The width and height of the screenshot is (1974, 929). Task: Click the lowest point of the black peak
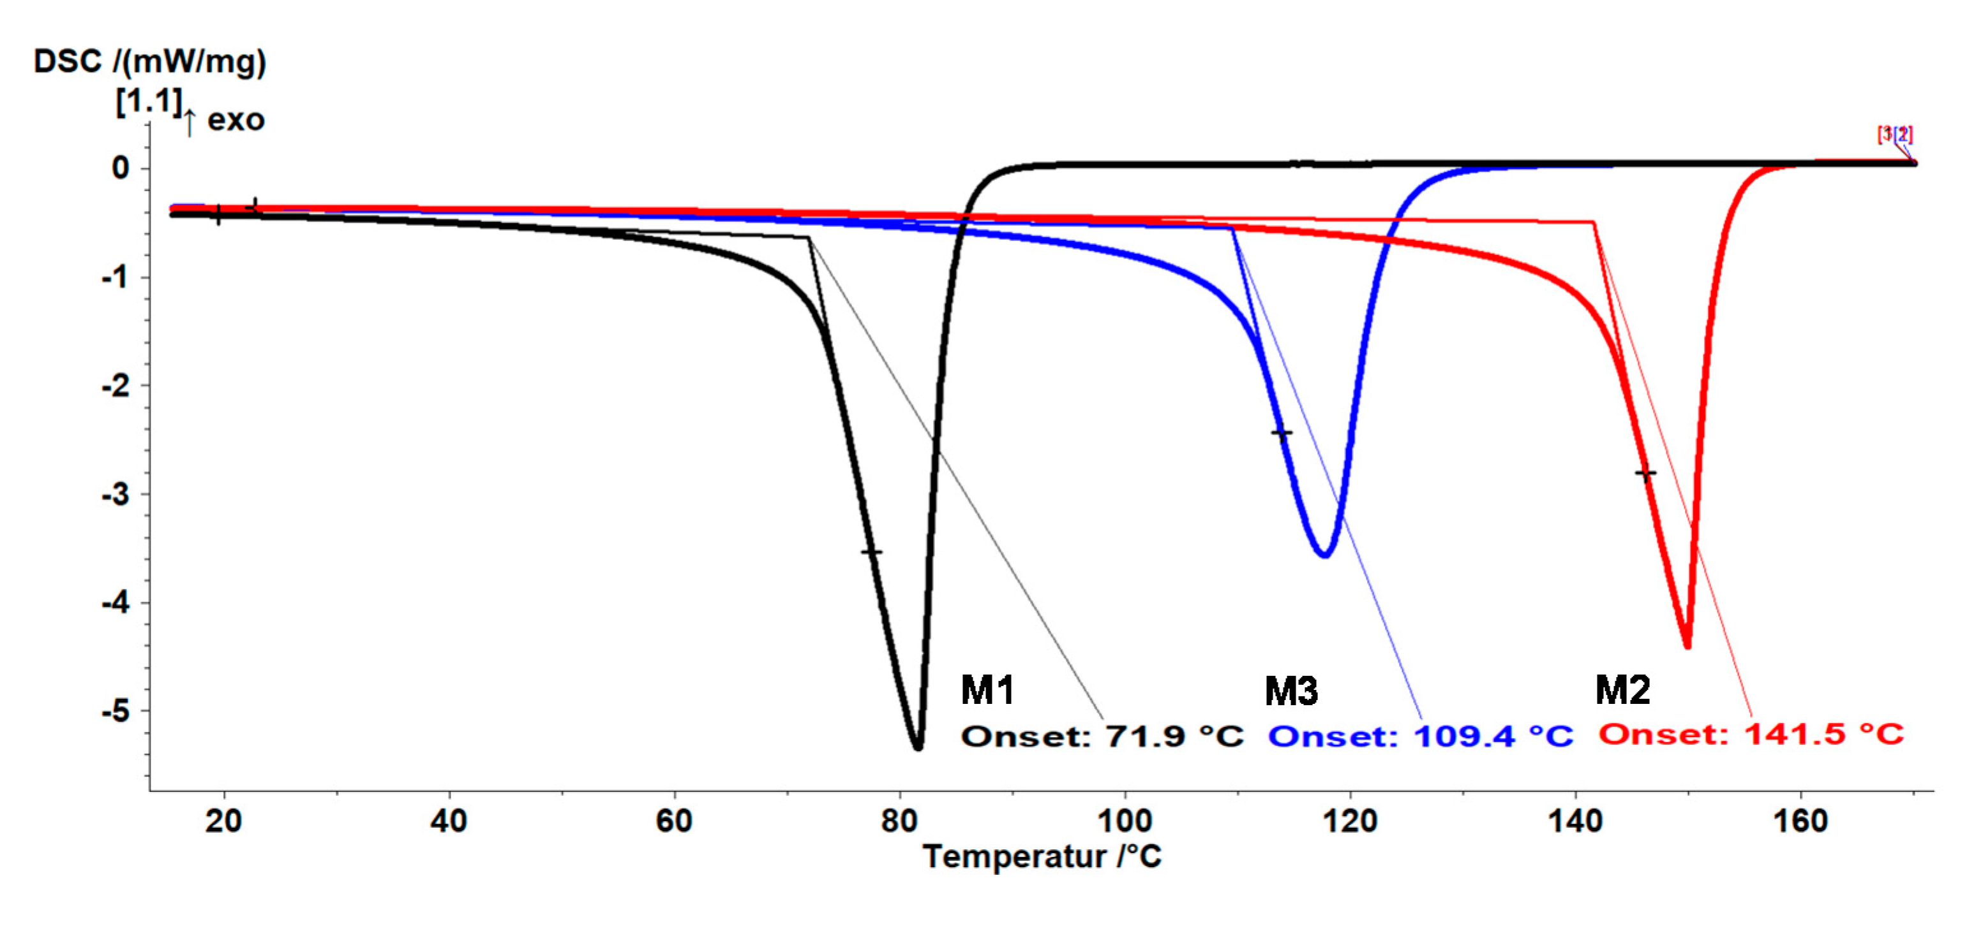pyautogui.click(x=918, y=747)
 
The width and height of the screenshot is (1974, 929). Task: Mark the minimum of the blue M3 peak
pyautogui.click(x=1325, y=553)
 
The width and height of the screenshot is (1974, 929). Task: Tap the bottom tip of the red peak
pyautogui.click(x=1687, y=646)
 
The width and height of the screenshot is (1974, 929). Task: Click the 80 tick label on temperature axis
pyautogui.click(x=899, y=821)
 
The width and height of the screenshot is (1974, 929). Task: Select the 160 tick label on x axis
pyautogui.click(x=1800, y=821)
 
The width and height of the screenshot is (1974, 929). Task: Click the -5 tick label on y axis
pyautogui.click(x=116, y=712)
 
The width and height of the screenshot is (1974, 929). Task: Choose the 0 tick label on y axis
pyautogui.click(x=121, y=168)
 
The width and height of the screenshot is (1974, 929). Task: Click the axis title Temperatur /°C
pyautogui.click(x=1042, y=856)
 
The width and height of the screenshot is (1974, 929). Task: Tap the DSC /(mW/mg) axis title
pyautogui.click(x=149, y=61)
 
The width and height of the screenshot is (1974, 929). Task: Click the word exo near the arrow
pyautogui.click(x=236, y=121)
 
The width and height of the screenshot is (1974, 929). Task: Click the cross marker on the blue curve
pyautogui.click(x=1282, y=434)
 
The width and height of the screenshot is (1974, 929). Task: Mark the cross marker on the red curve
pyautogui.click(x=1645, y=473)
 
